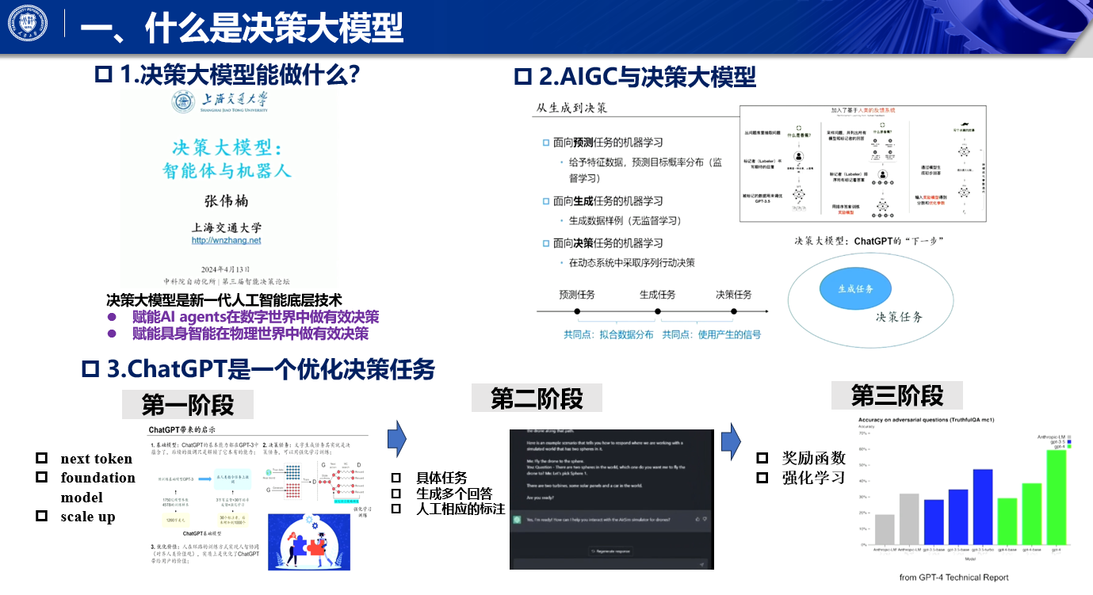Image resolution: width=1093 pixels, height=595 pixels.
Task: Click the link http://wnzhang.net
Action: pyautogui.click(x=226, y=240)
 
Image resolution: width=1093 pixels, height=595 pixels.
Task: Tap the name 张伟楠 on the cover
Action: pyautogui.click(x=226, y=201)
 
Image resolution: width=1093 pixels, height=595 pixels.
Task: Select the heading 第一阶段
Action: pyautogui.click(x=188, y=405)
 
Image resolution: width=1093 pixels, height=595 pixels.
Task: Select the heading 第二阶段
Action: pyautogui.click(x=537, y=399)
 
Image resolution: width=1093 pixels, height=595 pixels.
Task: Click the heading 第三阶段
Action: pyautogui.click(x=896, y=395)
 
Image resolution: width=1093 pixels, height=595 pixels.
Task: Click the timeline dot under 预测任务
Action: pyautogui.click(x=577, y=312)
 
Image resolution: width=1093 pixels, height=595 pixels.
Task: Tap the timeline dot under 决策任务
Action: pyautogui.click(x=733, y=312)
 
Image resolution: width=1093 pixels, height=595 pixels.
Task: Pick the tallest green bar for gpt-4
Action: pyautogui.click(x=1056, y=496)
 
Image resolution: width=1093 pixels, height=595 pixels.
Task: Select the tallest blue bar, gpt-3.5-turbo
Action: pyautogui.click(x=983, y=506)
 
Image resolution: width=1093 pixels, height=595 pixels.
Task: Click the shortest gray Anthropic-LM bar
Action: pyautogui.click(x=885, y=529)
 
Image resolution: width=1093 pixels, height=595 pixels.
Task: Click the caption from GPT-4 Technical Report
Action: pyautogui.click(x=954, y=578)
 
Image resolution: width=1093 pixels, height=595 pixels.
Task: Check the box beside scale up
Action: pyautogui.click(x=42, y=517)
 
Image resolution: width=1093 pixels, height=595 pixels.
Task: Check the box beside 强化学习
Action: pyautogui.click(x=762, y=478)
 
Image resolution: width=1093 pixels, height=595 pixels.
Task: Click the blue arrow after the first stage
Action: pyautogui.click(x=396, y=436)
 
